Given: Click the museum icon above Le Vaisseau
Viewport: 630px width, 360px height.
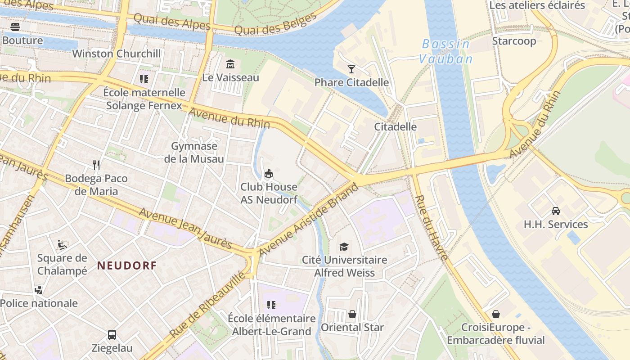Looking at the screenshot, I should [x=230, y=64].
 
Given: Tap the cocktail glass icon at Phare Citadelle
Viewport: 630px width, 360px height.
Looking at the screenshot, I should [x=351, y=69].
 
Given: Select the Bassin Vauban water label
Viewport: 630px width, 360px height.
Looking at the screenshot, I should [x=445, y=52].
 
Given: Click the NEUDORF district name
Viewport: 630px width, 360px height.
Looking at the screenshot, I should [x=127, y=265].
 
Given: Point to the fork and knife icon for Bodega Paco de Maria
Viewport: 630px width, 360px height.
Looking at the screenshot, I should [x=96, y=165].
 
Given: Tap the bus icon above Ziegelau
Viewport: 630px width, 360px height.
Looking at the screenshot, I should [x=112, y=335].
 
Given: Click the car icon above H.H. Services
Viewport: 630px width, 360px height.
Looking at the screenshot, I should [x=556, y=211].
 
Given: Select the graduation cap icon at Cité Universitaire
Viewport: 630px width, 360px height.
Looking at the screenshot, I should [x=344, y=247].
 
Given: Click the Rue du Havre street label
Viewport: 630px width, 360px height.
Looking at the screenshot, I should [x=431, y=227].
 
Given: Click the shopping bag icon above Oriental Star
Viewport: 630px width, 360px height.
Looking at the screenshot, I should [x=352, y=314].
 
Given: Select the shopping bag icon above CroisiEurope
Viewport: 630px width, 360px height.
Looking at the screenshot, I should [x=496, y=314].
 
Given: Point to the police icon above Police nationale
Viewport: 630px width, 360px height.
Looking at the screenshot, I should [x=39, y=290].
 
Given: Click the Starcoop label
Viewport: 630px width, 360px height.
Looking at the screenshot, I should [x=514, y=41].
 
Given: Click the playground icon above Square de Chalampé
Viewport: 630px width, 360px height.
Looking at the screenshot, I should [x=62, y=245].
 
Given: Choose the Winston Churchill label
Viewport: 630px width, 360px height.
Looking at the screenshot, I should [x=117, y=54].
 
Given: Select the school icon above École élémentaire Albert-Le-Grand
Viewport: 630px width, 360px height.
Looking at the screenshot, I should [x=271, y=305].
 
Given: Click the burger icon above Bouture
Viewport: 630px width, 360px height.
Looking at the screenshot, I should [x=15, y=27].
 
